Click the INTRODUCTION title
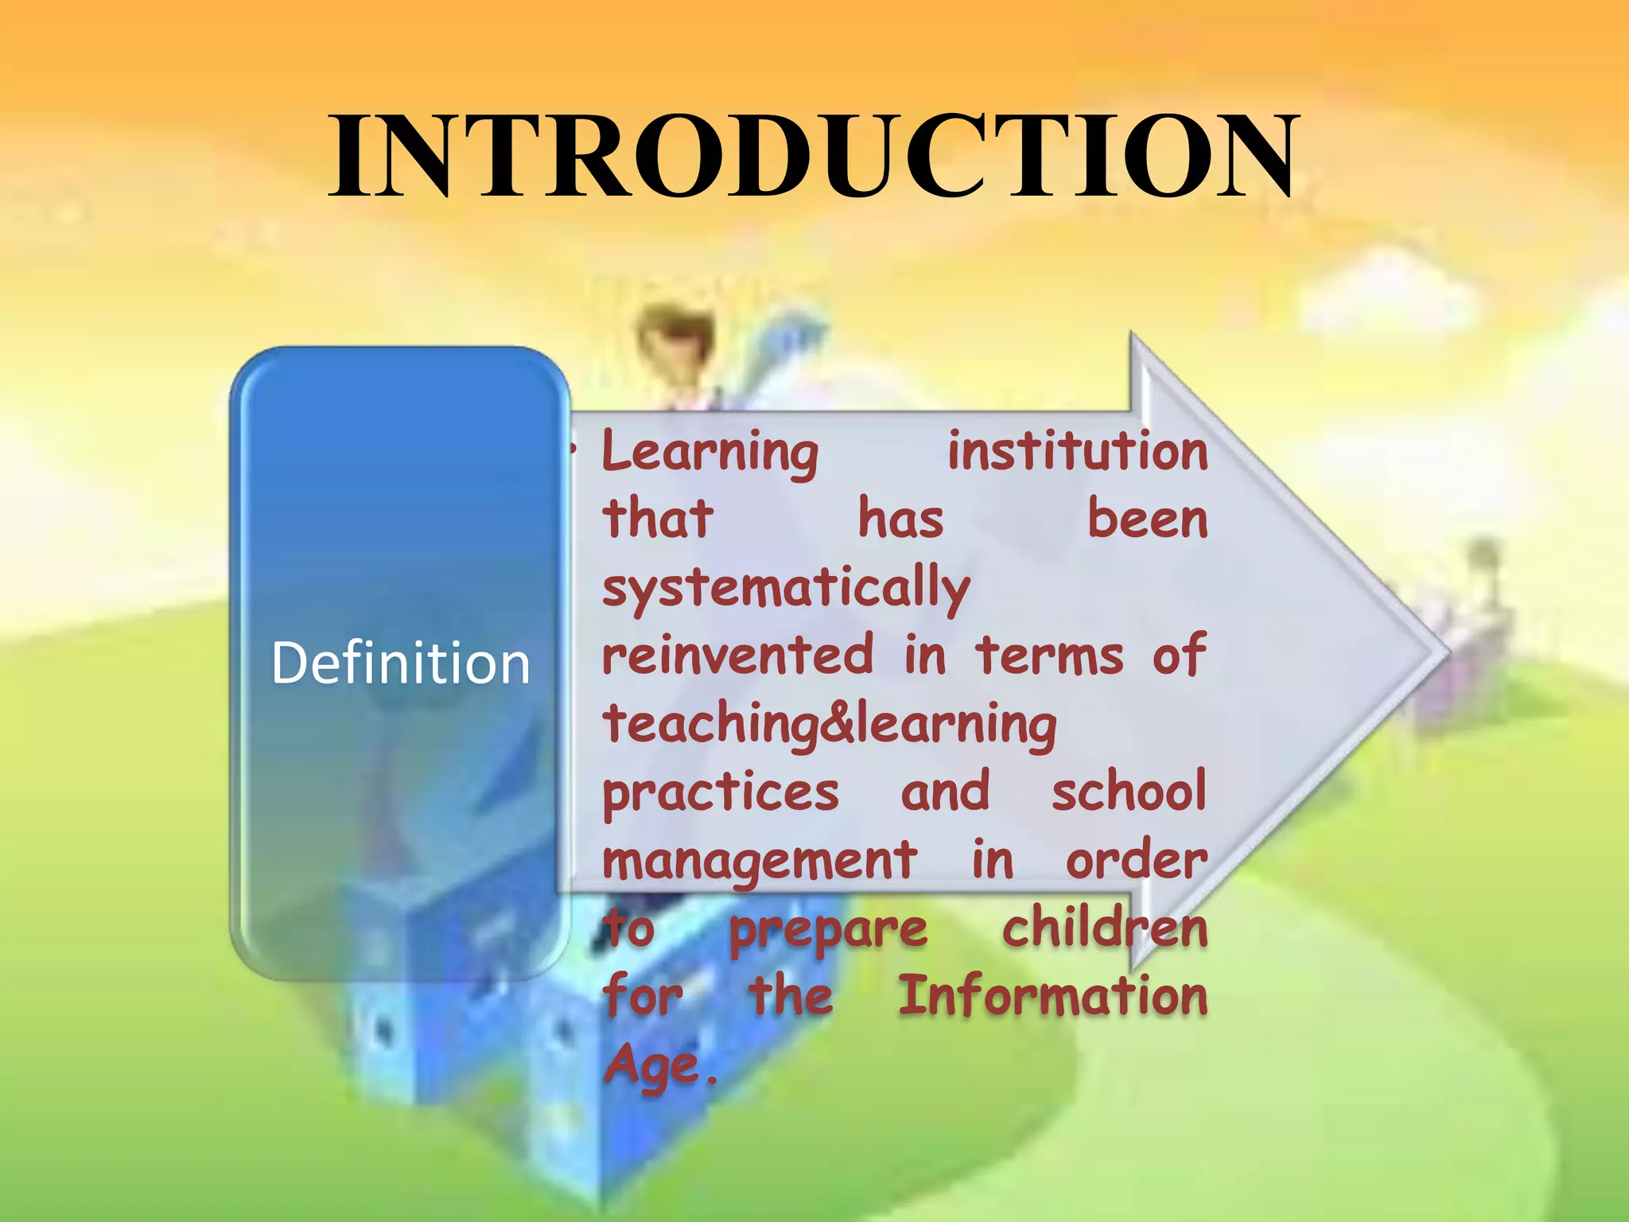(x=814, y=155)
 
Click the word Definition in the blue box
(x=400, y=663)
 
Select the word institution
(x=1078, y=450)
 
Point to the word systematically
(x=786, y=590)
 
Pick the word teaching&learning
(x=830, y=726)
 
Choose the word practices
(x=721, y=794)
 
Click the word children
(x=1105, y=928)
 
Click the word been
(x=1147, y=519)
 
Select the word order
(x=1137, y=862)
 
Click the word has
(x=900, y=519)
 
